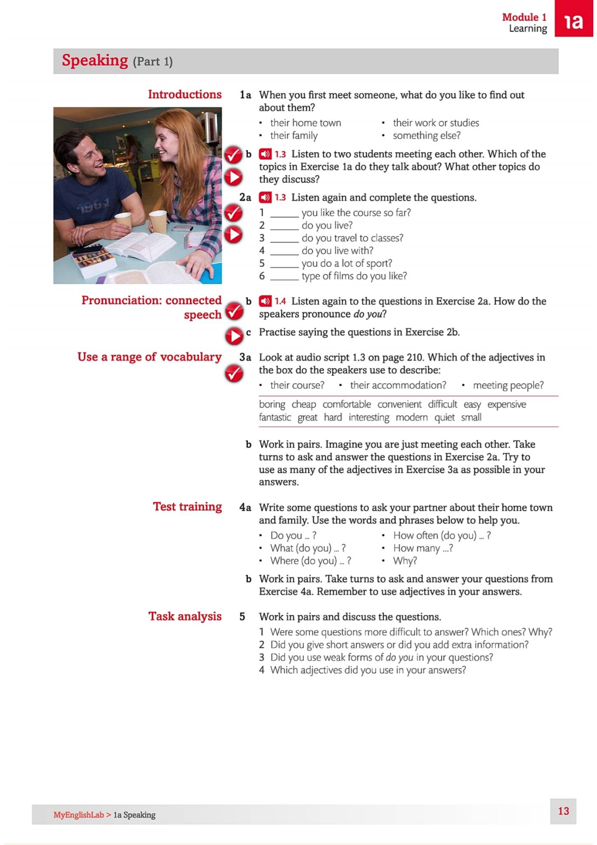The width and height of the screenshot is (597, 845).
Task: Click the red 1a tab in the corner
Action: [x=574, y=19]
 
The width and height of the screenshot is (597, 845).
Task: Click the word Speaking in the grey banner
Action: [x=95, y=61]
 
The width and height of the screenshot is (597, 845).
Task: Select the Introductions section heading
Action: [x=185, y=94]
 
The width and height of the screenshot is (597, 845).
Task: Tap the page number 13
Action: [x=563, y=811]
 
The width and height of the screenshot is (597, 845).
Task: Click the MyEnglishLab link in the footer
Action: [x=78, y=815]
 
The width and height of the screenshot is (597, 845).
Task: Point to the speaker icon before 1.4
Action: [x=265, y=301]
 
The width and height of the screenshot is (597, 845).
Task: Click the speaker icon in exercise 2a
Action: [x=265, y=198]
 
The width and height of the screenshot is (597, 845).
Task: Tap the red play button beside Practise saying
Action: [x=234, y=336]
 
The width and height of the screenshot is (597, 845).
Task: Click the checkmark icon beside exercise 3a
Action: [x=234, y=374]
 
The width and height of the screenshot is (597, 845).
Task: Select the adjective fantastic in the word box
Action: [x=275, y=418]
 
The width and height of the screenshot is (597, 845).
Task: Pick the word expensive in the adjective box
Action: [x=506, y=404]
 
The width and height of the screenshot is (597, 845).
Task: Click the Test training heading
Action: [x=187, y=507]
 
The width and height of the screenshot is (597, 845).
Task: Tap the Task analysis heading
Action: [x=185, y=616]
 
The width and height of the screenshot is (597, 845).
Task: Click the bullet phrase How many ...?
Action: [x=423, y=548]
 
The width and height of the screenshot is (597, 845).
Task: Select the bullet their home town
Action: [x=305, y=123]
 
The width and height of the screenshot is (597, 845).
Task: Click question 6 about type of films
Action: [x=354, y=276]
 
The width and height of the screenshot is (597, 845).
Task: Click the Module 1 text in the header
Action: [x=524, y=17]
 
